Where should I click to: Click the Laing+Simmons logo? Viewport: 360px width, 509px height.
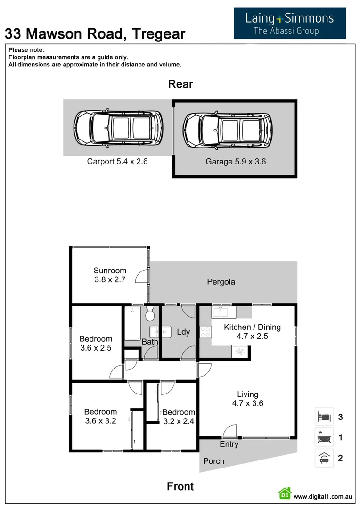290,23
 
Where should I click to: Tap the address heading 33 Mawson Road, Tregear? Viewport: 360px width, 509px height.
95,33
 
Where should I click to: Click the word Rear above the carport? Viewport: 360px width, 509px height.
180,84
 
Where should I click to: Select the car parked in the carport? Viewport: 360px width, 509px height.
118,127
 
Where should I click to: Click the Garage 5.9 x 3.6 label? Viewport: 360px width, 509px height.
236,162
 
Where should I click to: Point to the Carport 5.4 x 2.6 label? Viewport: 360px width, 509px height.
117,161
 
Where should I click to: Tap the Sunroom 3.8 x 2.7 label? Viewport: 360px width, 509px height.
110,275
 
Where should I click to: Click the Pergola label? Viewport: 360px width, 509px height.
221,282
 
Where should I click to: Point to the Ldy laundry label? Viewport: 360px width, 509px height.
183,332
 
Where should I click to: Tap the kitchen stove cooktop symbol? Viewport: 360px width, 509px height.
205,332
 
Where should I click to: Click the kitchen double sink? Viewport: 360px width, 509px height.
220,312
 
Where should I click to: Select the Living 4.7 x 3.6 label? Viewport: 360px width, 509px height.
247,399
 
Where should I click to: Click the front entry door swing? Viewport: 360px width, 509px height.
230,431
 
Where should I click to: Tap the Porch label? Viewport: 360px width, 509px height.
213,461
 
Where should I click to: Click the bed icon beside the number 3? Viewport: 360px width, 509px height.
324,417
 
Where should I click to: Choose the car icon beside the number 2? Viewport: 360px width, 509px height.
324,457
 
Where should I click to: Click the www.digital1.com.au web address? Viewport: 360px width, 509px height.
323,496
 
